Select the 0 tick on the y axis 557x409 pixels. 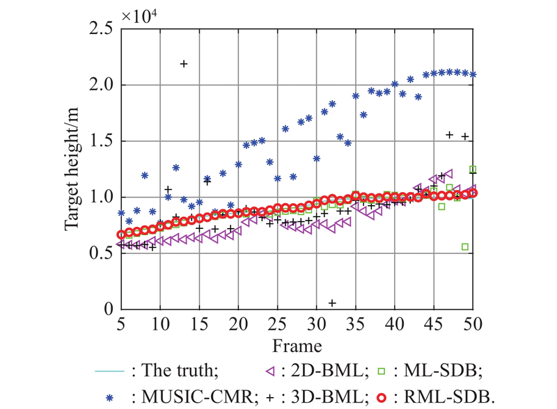[x=107, y=309]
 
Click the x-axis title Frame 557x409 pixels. [x=297, y=345]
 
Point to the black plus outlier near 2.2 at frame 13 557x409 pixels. [x=184, y=64]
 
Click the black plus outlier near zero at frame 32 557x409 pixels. [x=332, y=303]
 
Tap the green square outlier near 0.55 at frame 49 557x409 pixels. [x=465, y=247]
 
